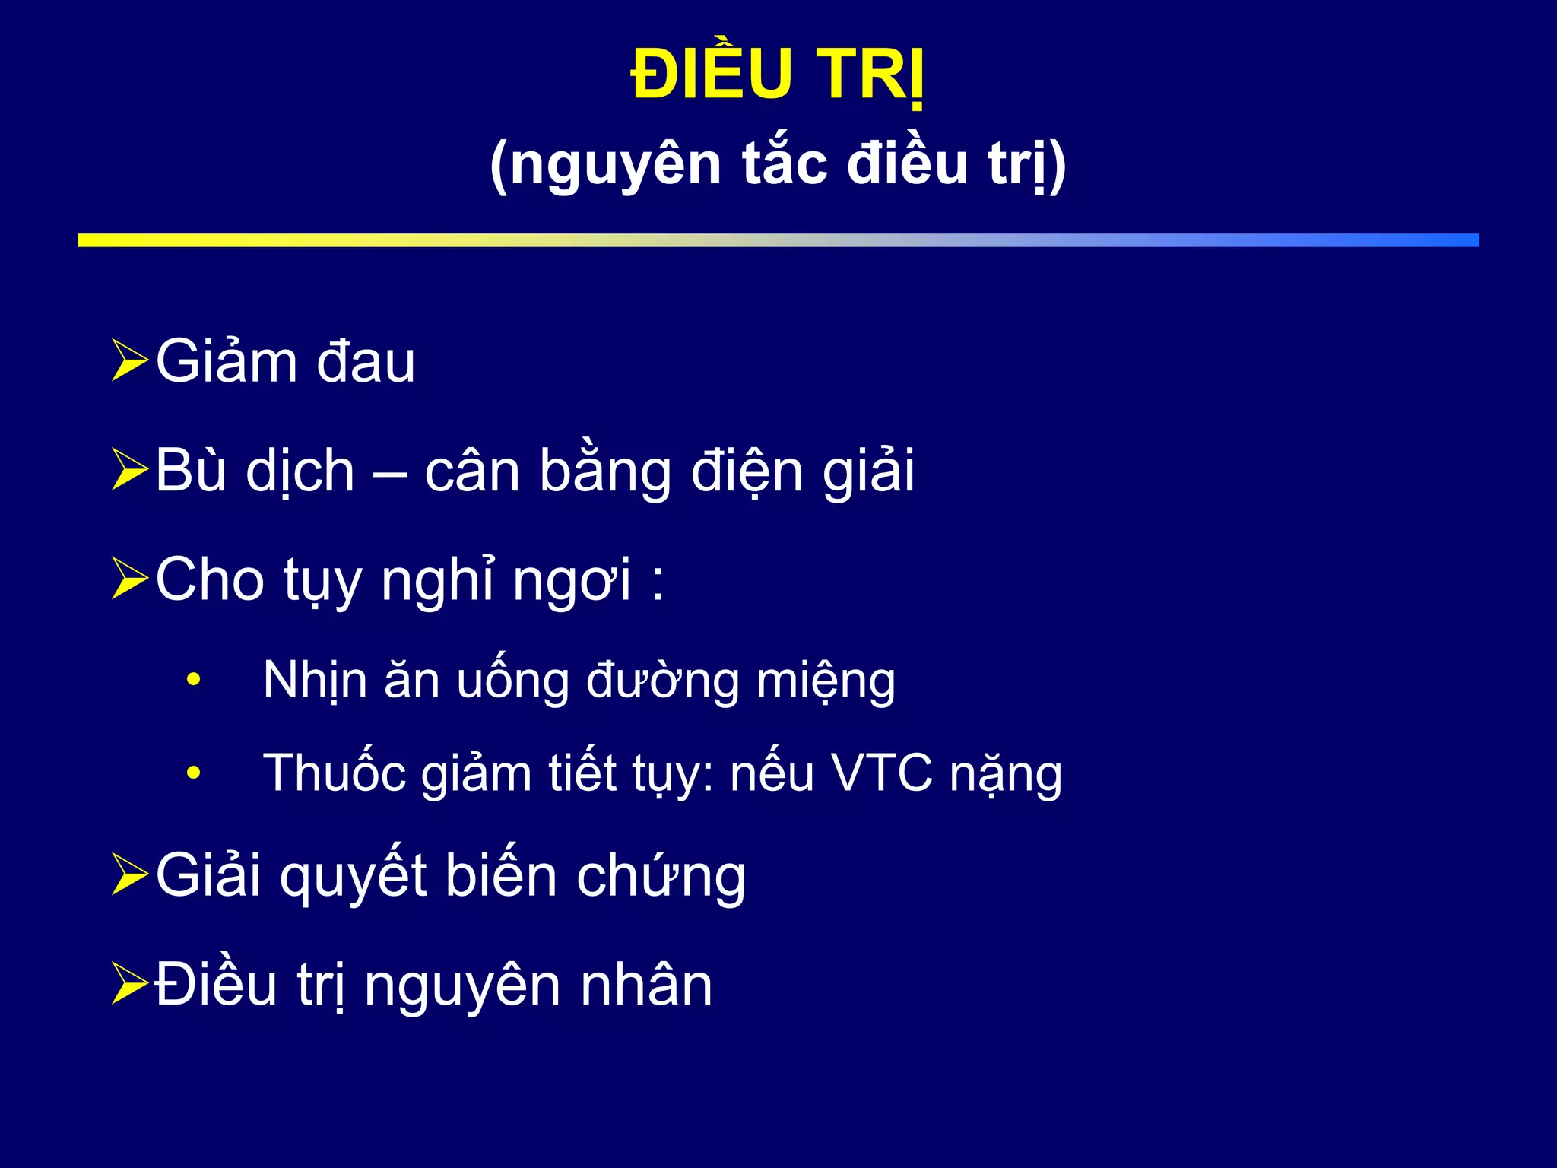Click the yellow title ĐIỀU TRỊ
[778, 75]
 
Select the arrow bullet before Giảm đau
[128, 360]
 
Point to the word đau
[366, 362]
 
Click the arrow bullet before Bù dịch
[128, 469]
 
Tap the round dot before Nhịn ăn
[194, 679]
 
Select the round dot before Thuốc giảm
[194, 773]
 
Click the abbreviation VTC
[882, 773]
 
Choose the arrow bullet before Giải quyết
[128, 874]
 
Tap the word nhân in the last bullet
[646, 985]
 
